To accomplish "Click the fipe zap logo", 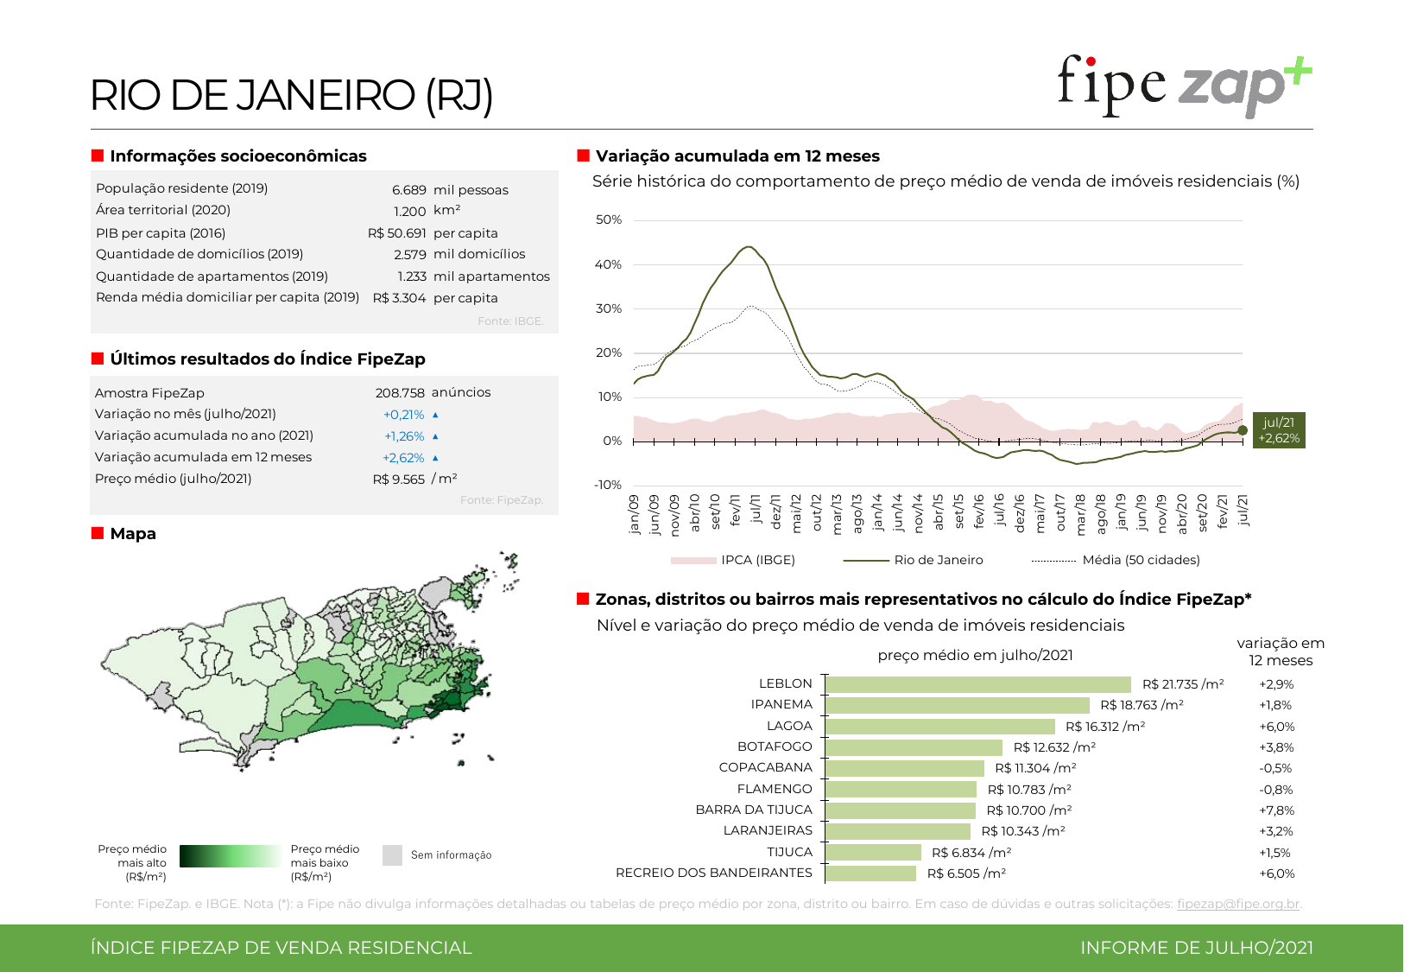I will (x=1184, y=86).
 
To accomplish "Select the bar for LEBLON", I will (x=977, y=684).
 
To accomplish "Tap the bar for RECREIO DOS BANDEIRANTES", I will (x=870, y=874).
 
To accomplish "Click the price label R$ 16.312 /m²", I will (x=1105, y=727).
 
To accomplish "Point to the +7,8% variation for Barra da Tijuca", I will (x=1276, y=810).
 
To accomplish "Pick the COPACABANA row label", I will (x=765, y=767).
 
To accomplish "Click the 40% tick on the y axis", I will (x=608, y=264).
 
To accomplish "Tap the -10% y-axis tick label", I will (x=607, y=485).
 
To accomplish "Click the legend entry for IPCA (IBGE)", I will (x=757, y=560).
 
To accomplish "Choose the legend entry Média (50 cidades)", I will (x=1140, y=560).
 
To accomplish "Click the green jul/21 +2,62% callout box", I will (x=1279, y=430).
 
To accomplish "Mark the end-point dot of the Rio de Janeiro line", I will (x=1243, y=430).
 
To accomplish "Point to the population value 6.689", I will (x=408, y=190).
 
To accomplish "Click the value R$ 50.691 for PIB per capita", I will (x=396, y=233).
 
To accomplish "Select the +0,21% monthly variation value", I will (x=403, y=415).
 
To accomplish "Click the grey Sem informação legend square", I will (x=392, y=855).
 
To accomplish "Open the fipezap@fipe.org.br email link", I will (x=1237, y=904).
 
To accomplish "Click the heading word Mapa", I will (x=133, y=534).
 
